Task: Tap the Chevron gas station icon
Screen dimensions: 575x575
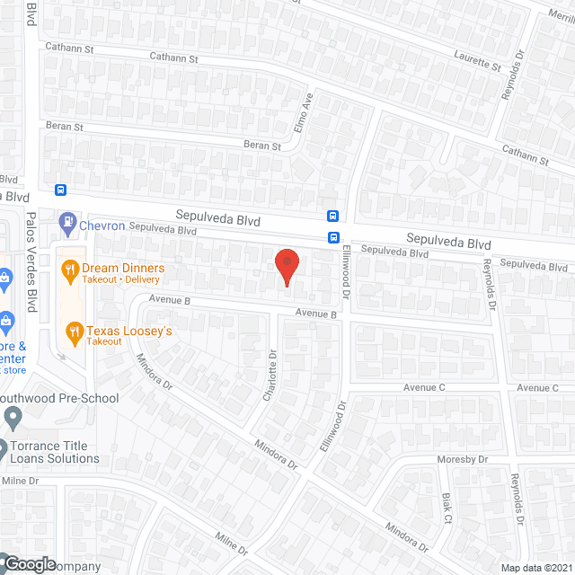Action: (67, 220)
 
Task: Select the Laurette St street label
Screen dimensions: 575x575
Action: (478, 60)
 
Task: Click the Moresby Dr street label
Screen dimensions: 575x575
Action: (463, 459)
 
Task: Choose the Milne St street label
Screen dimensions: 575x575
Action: (231, 541)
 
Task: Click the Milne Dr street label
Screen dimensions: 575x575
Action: (20, 481)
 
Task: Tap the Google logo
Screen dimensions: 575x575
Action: (29, 564)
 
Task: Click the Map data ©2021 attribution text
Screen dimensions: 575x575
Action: (536, 567)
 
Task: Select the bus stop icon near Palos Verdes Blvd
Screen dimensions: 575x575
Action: (60, 190)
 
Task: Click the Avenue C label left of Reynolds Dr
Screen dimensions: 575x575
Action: (424, 387)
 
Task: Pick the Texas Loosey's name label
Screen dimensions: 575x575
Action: (128, 332)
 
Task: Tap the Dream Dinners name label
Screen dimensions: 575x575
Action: (123, 268)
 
